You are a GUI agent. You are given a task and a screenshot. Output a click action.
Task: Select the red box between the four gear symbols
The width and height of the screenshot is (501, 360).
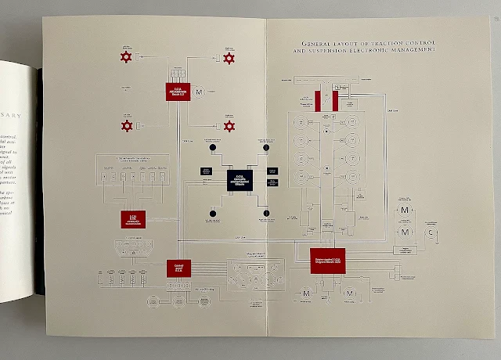click(176, 92)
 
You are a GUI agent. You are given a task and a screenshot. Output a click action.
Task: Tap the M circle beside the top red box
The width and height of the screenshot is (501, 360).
click(198, 92)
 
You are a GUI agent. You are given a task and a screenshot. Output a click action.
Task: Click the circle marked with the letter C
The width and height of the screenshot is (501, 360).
click(429, 232)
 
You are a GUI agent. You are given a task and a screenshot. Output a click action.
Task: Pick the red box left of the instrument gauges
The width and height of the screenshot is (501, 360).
click(178, 268)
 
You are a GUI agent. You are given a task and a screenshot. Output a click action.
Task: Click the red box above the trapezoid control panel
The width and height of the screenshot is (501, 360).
click(133, 219)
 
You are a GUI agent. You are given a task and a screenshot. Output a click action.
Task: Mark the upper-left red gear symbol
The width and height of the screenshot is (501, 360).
click(125, 57)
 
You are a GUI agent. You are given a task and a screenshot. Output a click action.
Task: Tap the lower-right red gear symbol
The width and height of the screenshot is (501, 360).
click(229, 126)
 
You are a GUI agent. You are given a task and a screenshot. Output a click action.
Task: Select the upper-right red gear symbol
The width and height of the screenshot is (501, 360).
click(229, 58)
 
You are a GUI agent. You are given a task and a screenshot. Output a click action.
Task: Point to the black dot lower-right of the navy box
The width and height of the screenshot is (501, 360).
click(266, 213)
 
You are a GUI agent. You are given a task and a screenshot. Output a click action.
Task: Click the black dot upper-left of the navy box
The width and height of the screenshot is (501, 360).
click(211, 147)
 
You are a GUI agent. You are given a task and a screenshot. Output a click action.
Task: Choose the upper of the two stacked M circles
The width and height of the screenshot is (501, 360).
click(405, 211)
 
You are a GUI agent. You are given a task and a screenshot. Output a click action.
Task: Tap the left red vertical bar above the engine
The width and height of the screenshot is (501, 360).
click(318, 100)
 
